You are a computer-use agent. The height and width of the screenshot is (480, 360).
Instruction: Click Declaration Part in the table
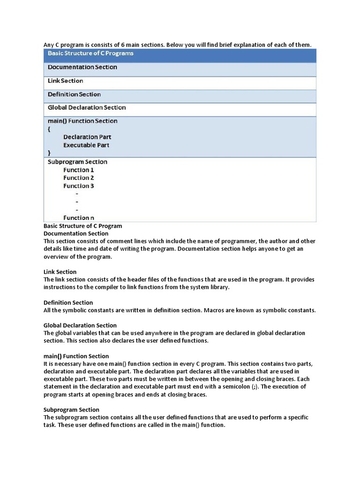(87, 137)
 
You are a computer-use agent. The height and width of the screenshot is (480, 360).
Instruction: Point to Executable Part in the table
(86, 145)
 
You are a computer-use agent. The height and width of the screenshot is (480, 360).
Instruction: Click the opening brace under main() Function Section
(49, 129)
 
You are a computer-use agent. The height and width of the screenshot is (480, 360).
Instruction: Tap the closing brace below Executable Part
(49, 153)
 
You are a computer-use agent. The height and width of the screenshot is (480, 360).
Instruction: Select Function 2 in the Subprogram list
(79, 178)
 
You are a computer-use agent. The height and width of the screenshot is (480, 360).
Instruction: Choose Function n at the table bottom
(79, 217)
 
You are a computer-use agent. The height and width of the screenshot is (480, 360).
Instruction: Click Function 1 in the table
(79, 170)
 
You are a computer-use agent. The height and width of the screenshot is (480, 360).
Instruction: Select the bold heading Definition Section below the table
(68, 303)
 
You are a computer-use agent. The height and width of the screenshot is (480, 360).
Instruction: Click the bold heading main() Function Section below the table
(76, 356)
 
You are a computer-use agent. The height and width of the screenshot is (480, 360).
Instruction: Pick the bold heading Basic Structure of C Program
(83, 226)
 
